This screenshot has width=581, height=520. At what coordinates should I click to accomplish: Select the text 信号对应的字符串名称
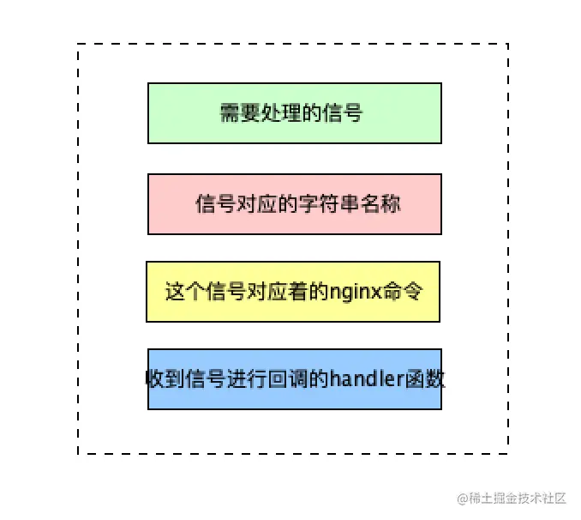(297, 205)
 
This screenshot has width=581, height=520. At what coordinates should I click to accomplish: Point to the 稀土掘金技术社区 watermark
(512, 499)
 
